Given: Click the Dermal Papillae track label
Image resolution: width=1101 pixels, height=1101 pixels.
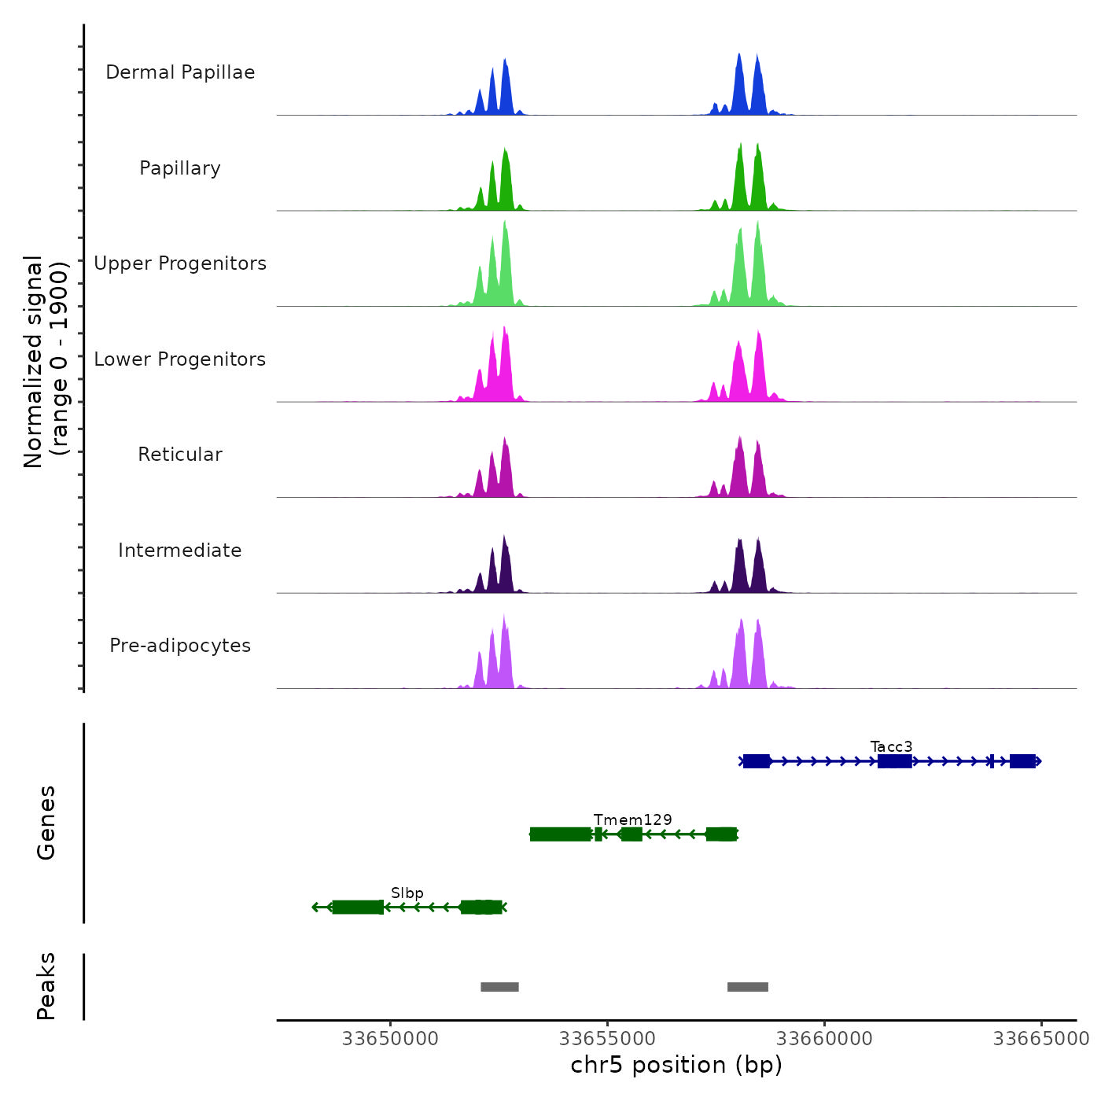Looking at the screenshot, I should [180, 72].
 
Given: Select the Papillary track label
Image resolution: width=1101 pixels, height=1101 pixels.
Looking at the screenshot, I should [180, 168].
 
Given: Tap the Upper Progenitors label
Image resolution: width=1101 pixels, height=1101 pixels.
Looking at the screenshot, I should [180, 263].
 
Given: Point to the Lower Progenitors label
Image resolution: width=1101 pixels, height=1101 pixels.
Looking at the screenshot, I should [180, 359].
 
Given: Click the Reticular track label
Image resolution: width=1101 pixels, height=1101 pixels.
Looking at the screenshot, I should [180, 455].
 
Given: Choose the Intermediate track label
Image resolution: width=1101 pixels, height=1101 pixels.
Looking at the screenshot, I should [180, 550].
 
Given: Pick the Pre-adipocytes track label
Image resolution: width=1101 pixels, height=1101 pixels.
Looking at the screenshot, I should [180, 646].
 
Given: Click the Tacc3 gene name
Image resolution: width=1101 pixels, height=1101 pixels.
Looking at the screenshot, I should [891, 746].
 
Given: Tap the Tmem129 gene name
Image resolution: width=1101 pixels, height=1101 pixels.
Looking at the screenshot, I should [632, 819].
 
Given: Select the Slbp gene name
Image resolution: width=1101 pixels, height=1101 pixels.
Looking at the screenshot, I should [407, 893].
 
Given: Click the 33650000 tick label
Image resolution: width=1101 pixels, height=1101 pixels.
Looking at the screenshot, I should [390, 1039].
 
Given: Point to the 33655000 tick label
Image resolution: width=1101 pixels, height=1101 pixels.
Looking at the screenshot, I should [607, 1039].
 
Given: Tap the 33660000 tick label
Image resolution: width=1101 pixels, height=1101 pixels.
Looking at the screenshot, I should [824, 1039].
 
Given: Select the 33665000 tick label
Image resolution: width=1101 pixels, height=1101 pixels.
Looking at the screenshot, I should [1041, 1039].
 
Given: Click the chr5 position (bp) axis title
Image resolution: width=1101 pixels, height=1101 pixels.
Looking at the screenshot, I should [676, 1065].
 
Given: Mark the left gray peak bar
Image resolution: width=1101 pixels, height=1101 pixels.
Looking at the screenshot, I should [499, 987].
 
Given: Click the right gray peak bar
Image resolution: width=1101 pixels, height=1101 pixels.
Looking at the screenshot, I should [747, 987].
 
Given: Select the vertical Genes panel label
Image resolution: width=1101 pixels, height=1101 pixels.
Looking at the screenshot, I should [46, 823].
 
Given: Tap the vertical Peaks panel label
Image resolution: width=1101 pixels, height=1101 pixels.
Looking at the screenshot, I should [46, 986].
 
